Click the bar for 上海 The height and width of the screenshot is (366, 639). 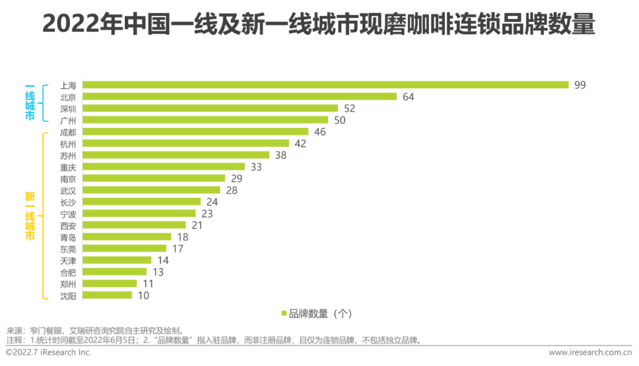[x=325, y=85]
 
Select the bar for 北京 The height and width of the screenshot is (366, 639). [x=240, y=97]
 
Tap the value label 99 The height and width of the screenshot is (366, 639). [x=580, y=85]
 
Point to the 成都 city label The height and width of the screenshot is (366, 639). [x=68, y=131]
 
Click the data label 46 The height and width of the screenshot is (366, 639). [x=320, y=131]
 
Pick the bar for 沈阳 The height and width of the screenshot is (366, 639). [x=107, y=295]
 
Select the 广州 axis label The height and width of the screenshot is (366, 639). [x=68, y=120]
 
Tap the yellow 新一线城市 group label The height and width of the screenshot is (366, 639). [x=30, y=215]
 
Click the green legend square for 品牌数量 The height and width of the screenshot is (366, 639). [x=284, y=313]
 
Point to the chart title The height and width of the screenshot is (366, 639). [x=319, y=25]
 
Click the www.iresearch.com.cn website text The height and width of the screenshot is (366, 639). [x=590, y=352]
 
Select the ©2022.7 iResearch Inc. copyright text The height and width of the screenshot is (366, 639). [x=49, y=352]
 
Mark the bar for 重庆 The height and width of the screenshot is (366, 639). [x=164, y=167]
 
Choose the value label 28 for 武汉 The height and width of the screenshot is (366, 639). [x=231, y=190]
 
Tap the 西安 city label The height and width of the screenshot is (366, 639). [x=68, y=225]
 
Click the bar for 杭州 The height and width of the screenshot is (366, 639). [x=186, y=143]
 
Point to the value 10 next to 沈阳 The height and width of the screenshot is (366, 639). [x=143, y=295]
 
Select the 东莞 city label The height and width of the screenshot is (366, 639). [x=68, y=249]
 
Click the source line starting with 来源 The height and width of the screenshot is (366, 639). [x=98, y=330]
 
